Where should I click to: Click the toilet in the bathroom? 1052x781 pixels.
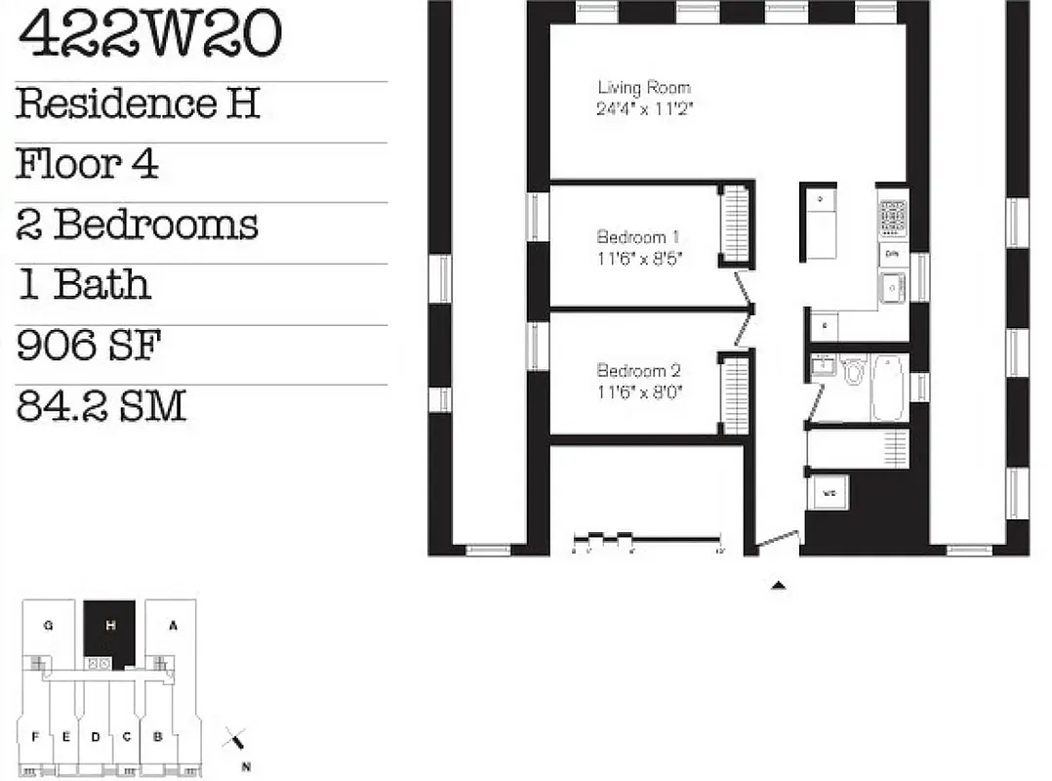click(x=854, y=370)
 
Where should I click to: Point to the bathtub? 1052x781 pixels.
click(x=889, y=387)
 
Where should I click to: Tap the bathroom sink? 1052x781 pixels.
click(x=822, y=366)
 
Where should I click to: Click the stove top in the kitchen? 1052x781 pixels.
click(x=893, y=218)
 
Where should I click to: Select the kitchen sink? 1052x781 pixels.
click(x=893, y=287)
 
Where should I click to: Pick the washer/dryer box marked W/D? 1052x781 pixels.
click(x=829, y=493)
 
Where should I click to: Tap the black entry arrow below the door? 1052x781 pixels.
click(x=779, y=585)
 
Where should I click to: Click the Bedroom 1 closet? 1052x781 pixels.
click(x=735, y=224)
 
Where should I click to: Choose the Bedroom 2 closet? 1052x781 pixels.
click(x=735, y=393)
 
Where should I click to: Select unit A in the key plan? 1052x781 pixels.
click(x=173, y=626)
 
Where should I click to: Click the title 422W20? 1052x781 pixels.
click(x=149, y=34)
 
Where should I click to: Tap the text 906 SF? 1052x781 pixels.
click(x=89, y=346)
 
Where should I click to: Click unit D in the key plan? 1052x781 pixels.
click(x=96, y=737)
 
